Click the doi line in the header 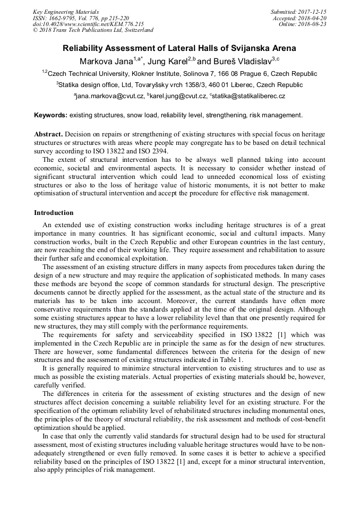pyautogui.click(x=88, y=24)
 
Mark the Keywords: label pyautogui.click(x=50, y=115)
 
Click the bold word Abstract pyautogui.click(x=48, y=134)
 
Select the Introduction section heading pyautogui.click(x=54, y=213)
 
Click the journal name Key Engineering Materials pyautogui.click(x=66, y=12)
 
